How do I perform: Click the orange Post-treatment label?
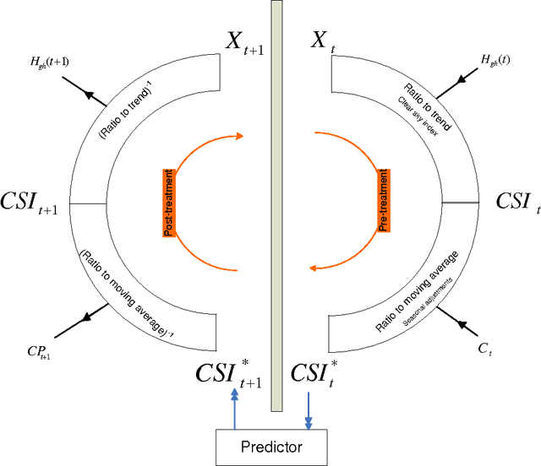(x=168, y=203)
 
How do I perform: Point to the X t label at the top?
(x=319, y=41)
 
